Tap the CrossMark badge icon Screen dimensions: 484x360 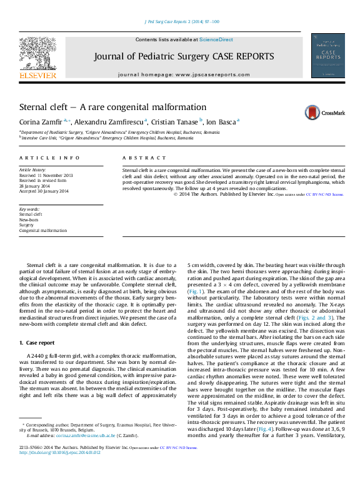320,113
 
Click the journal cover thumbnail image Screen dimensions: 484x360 327,56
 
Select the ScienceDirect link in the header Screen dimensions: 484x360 216,39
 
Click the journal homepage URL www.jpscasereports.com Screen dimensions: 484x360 210,74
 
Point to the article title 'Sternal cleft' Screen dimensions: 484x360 112,107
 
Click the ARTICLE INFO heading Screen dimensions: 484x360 49,158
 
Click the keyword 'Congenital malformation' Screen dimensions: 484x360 43,231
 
